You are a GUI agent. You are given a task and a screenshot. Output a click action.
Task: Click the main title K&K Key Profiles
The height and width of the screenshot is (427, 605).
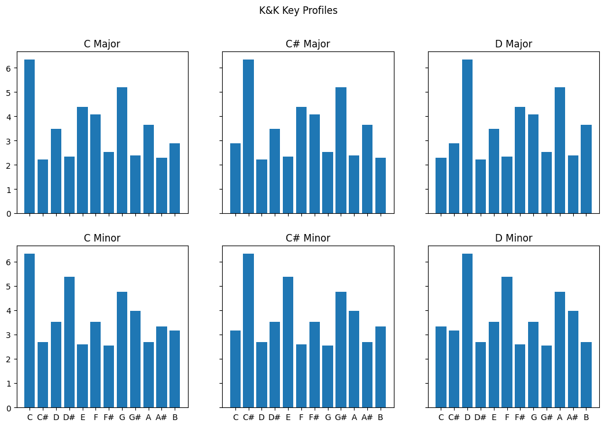298,10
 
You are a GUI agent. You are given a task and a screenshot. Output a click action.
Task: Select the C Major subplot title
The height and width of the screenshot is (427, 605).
102,44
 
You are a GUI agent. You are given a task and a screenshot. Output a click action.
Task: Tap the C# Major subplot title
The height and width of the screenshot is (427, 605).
308,44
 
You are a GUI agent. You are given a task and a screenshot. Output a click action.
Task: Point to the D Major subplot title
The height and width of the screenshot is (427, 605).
514,44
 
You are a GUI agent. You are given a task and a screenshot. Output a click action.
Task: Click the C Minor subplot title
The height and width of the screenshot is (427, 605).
102,238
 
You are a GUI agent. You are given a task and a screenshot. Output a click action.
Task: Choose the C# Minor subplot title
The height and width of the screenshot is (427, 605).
308,238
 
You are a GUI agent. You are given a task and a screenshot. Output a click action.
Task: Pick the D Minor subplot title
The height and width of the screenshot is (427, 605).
514,238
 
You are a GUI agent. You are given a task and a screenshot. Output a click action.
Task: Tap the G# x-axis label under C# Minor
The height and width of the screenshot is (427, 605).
341,418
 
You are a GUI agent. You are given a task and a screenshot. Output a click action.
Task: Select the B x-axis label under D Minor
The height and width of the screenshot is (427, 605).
586,418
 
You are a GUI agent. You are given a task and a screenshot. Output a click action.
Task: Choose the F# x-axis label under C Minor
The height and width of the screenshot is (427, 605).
109,418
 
